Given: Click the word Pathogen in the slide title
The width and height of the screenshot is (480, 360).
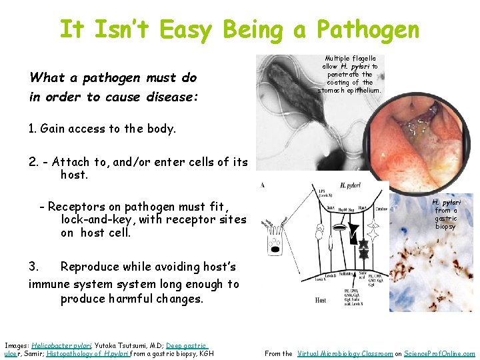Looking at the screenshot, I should tap(368, 30).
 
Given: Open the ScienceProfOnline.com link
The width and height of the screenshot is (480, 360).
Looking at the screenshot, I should tap(440, 353).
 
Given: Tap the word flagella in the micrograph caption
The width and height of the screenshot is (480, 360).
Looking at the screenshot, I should tap(361, 59).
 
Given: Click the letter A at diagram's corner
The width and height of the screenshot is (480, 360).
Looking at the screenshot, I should tap(262, 185).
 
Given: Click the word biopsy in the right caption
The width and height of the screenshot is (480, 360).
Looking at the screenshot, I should tap(445, 227).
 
